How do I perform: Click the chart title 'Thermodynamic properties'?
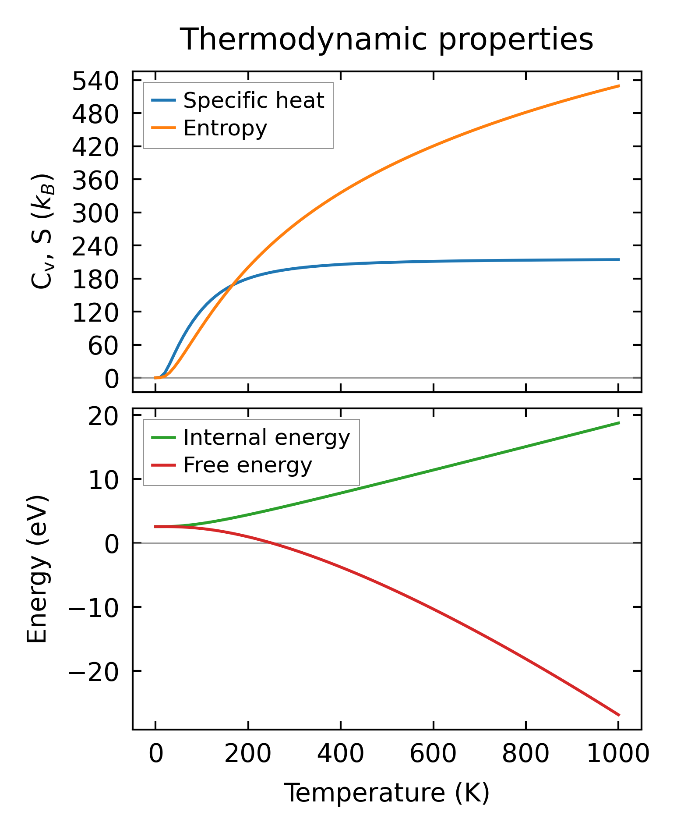click(387, 39)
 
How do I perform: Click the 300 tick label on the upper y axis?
click(95, 213)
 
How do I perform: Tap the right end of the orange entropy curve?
click(619, 86)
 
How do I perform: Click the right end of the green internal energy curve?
click(619, 422)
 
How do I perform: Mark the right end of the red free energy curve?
click(619, 715)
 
